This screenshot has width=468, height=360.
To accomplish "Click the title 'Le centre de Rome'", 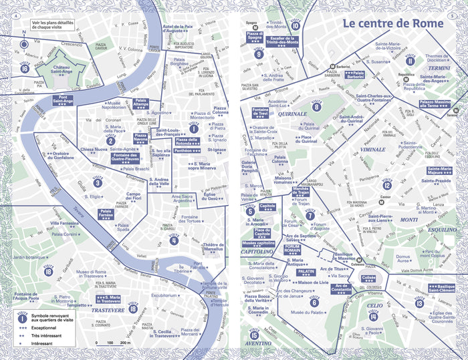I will point(392,24).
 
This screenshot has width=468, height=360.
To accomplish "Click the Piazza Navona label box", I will point(141,139).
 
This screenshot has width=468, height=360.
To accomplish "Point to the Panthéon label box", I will point(187,151).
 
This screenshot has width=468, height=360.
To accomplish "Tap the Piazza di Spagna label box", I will point(254,37).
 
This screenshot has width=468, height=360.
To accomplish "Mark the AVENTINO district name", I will point(257,343).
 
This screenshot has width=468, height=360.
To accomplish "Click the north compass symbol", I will point(25,45).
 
